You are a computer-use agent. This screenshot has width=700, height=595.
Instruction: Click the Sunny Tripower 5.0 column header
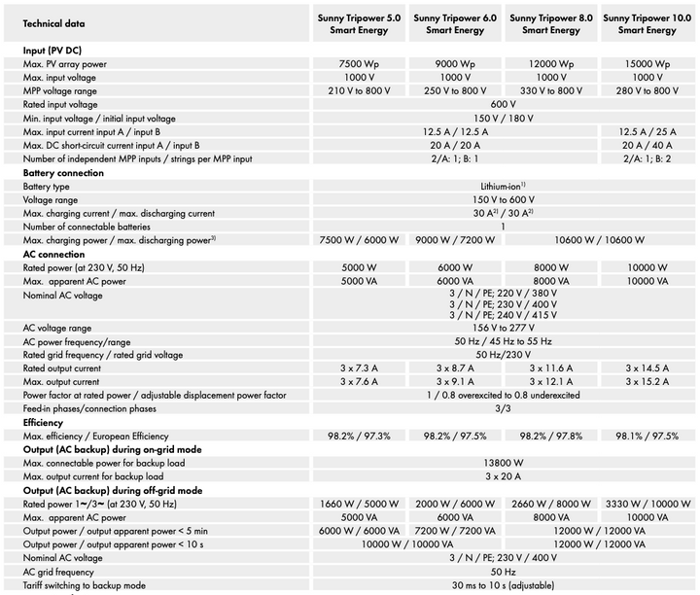coord(359,24)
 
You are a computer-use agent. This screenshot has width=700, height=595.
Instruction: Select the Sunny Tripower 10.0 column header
coord(647,24)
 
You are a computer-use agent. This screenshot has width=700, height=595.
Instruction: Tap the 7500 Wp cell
coord(359,64)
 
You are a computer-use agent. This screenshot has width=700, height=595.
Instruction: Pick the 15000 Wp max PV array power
coord(647,64)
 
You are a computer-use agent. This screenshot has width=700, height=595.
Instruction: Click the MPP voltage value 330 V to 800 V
coord(551,90)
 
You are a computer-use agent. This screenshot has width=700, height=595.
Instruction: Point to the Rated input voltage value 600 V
coord(504,104)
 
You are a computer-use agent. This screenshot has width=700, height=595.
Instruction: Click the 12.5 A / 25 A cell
coord(647,131)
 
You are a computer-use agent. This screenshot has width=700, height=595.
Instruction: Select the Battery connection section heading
coord(63,173)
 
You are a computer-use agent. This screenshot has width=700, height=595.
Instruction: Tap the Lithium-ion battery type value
coord(503,186)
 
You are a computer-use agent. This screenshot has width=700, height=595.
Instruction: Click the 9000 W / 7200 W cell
coord(455,240)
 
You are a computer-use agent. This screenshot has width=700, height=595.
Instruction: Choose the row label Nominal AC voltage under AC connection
coord(62,296)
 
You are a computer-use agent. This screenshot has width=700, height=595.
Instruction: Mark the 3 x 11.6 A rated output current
coord(551,368)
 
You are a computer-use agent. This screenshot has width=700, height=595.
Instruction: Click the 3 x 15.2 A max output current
coord(647,382)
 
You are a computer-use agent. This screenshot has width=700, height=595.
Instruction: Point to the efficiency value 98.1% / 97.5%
coord(647,437)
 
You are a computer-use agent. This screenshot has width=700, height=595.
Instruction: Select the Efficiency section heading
coord(43,423)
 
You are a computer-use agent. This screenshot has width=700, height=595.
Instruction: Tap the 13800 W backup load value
coord(504,463)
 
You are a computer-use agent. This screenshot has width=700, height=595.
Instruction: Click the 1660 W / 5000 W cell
coord(359,504)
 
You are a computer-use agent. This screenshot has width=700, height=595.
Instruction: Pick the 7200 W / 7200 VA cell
coord(455,531)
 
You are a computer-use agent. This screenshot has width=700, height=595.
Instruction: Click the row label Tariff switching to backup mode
coord(85,585)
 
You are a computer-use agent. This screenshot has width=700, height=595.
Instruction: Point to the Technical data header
coord(53,23)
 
